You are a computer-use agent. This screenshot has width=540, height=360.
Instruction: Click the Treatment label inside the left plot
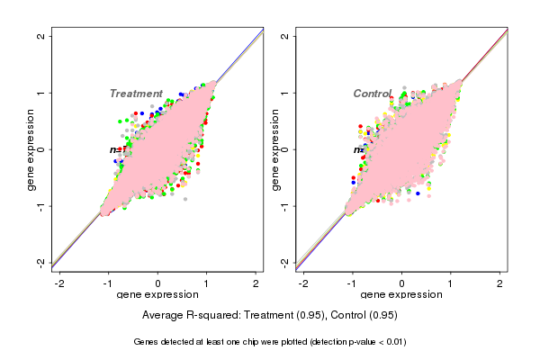(136, 94)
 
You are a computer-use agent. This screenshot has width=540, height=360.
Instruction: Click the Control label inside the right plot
(373, 94)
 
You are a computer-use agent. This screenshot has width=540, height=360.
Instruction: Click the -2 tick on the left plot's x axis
(59, 283)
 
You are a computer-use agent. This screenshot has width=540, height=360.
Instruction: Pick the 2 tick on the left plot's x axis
(256, 283)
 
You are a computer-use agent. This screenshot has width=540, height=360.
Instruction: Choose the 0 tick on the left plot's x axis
(158, 283)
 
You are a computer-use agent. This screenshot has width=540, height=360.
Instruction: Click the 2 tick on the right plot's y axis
(285, 36)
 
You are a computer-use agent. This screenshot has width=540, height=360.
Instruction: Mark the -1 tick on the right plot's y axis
(285, 205)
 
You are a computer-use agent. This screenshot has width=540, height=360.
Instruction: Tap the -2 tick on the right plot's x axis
(303, 283)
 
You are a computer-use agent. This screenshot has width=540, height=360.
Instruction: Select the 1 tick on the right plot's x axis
(451, 283)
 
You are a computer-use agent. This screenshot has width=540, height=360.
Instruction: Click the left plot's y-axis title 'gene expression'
(31, 149)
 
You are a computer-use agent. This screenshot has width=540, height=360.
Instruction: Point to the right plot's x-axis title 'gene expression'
(401, 295)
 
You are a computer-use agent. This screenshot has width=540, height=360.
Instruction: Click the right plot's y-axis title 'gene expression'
(274, 149)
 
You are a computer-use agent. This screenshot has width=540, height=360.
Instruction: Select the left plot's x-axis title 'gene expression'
(158, 295)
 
